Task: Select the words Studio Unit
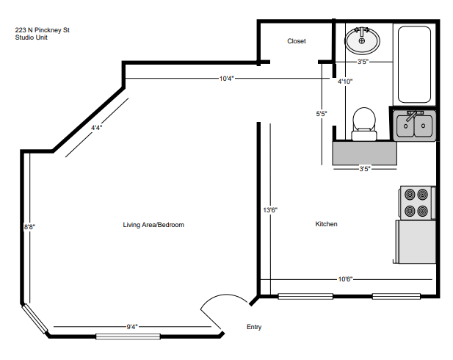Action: pyautogui.click(x=31, y=37)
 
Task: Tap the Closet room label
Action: pyautogui.click(x=296, y=41)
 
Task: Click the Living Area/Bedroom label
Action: pyautogui.click(x=153, y=225)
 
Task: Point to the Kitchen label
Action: pyautogui.click(x=326, y=224)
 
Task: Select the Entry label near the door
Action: pyautogui.click(x=253, y=327)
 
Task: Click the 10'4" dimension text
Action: pyautogui.click(x=226, y=79)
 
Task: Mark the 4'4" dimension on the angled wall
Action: pyautogui.click(x=96, y=128)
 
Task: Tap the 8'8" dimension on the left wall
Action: pyautogui.click(x=29, y=227)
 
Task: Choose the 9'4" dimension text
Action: pyautogui.click(x=132, y=326)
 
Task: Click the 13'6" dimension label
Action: pyautogui.click(x=270, y=210)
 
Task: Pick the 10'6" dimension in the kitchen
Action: pyautogui.click(x=346, y=278)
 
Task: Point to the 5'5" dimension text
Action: pyautogui.click(x=322, y=114)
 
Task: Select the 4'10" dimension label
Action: pyautogui.click(x=344, y=82)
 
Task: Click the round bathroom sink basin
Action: pyautogui.click(x=361, y=41)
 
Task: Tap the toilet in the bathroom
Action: pyautogui.click(x=363, y=123)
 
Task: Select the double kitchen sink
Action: pyautogui.click(x=415, y=126)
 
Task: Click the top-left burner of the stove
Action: pyautogui.click(x=407, y=195)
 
